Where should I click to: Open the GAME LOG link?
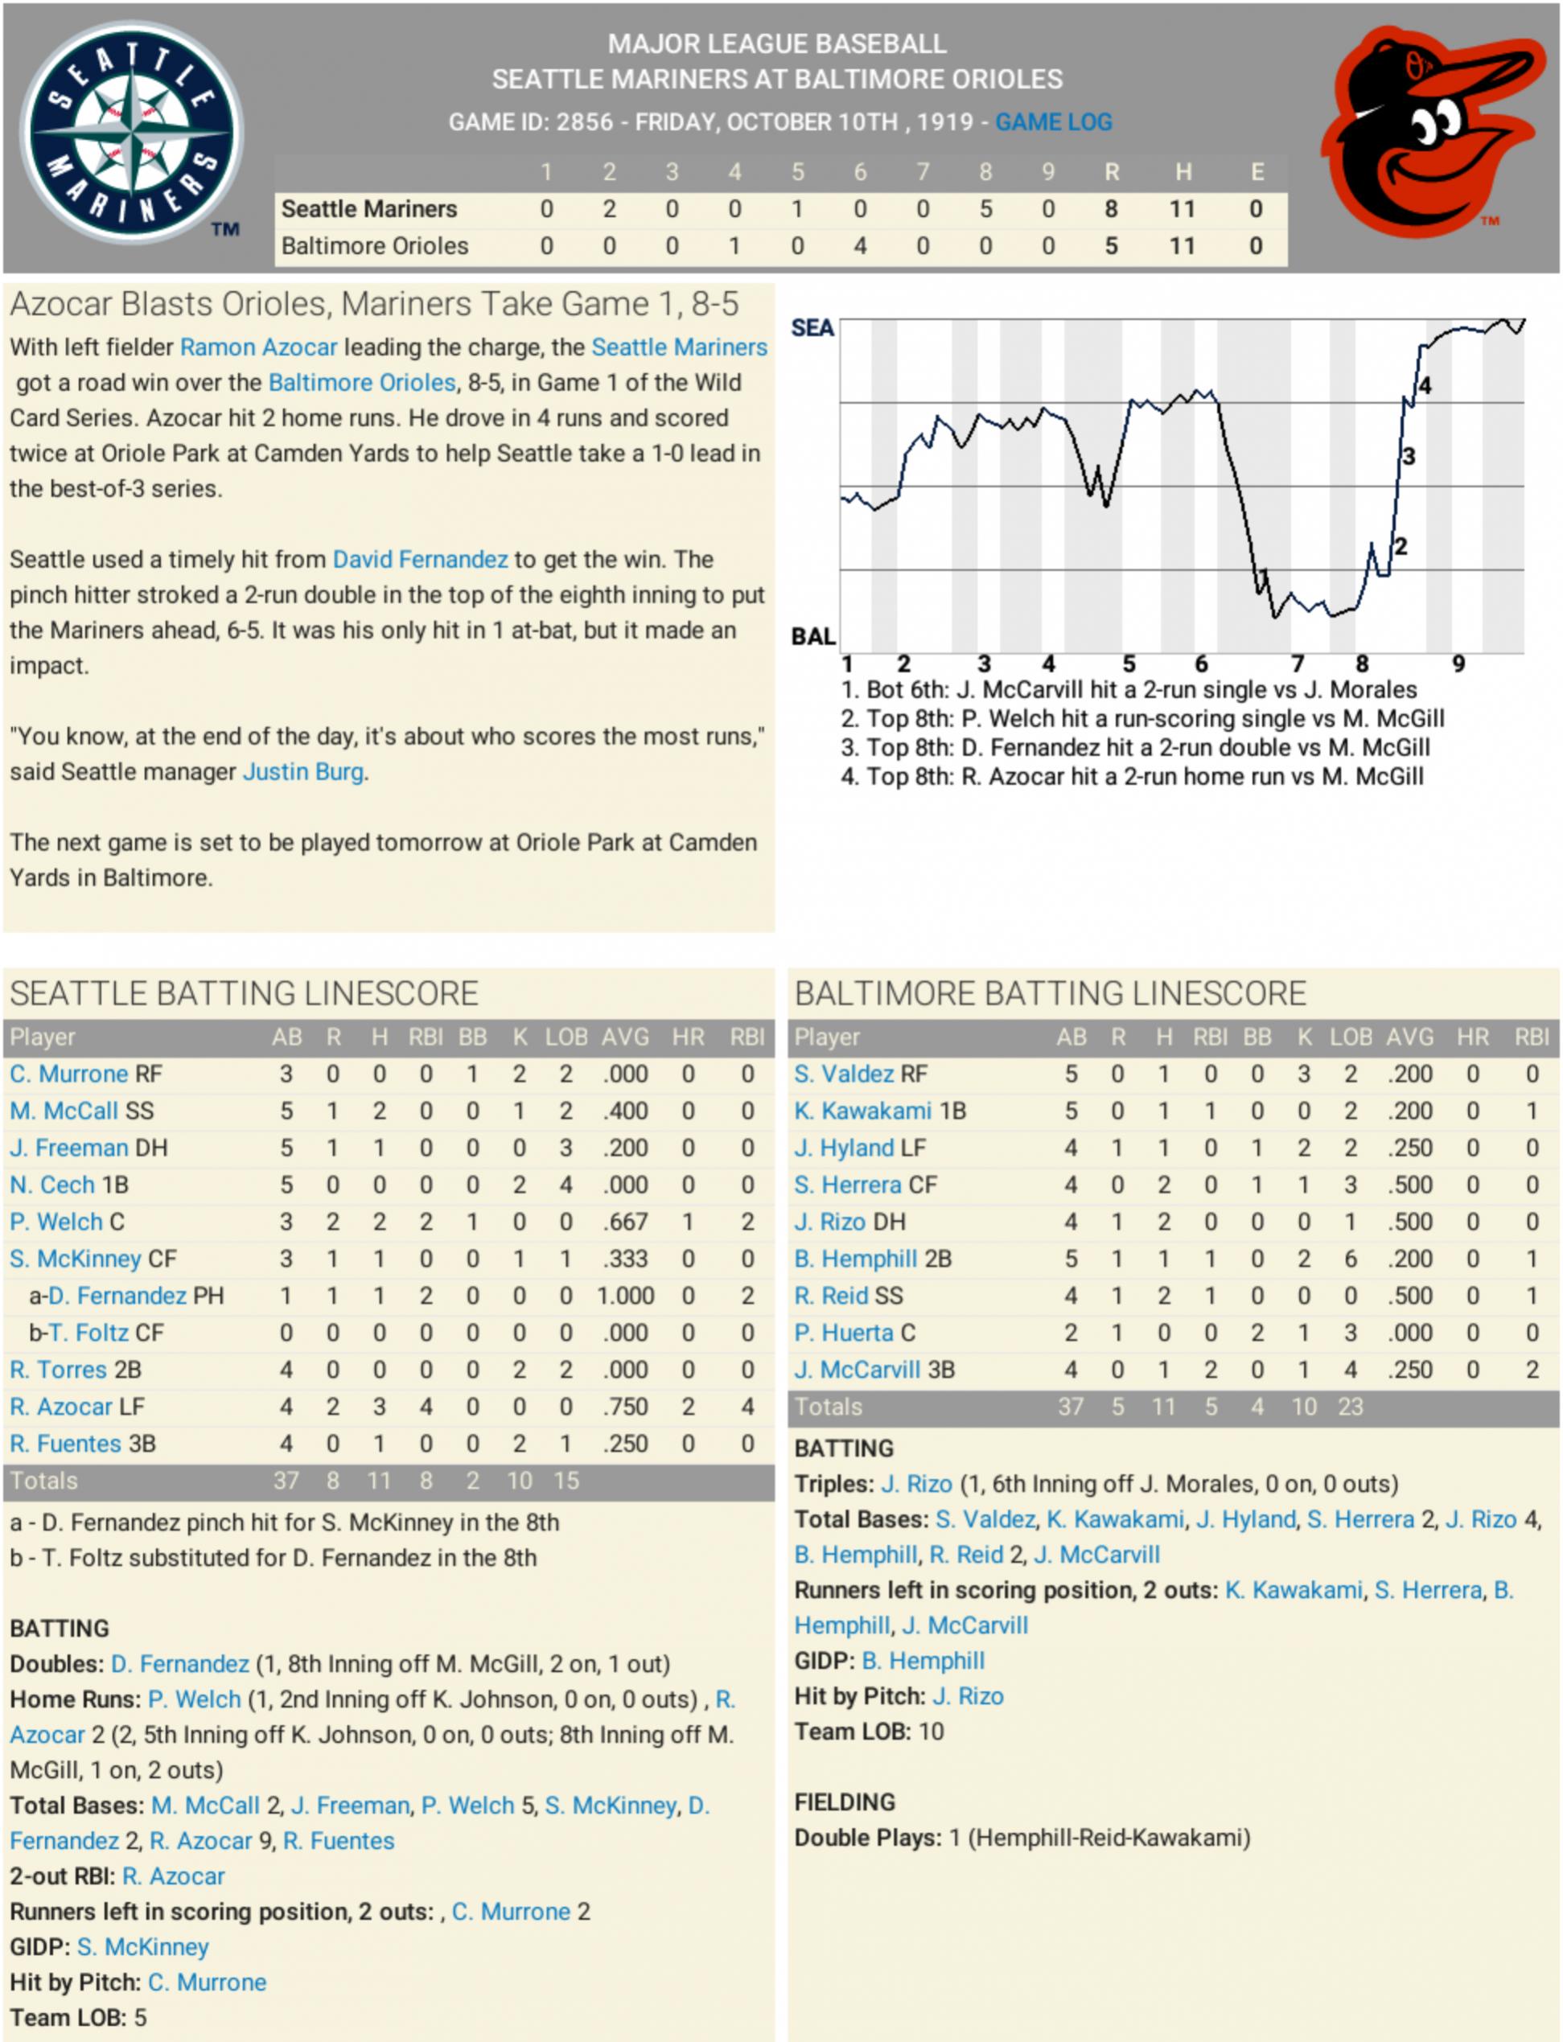(1053, 122)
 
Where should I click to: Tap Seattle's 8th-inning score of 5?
(985, 209)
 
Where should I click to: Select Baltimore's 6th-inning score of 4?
(860, 247)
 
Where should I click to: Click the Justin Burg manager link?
(302, 772)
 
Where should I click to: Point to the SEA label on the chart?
(812, 328)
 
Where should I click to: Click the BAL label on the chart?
(812, 637)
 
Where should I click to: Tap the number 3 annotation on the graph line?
(1409, 456)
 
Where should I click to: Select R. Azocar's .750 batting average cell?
(624, 1407)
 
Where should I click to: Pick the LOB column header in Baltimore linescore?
(1350, 1037)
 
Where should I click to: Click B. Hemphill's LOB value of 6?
(1350, 1259)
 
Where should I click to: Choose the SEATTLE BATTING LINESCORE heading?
(244, 993)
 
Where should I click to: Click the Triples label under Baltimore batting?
(833, 1484)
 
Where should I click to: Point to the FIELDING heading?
(844, 1802)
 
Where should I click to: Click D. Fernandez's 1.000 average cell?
(624, 1296)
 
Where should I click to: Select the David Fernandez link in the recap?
(420, 559)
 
